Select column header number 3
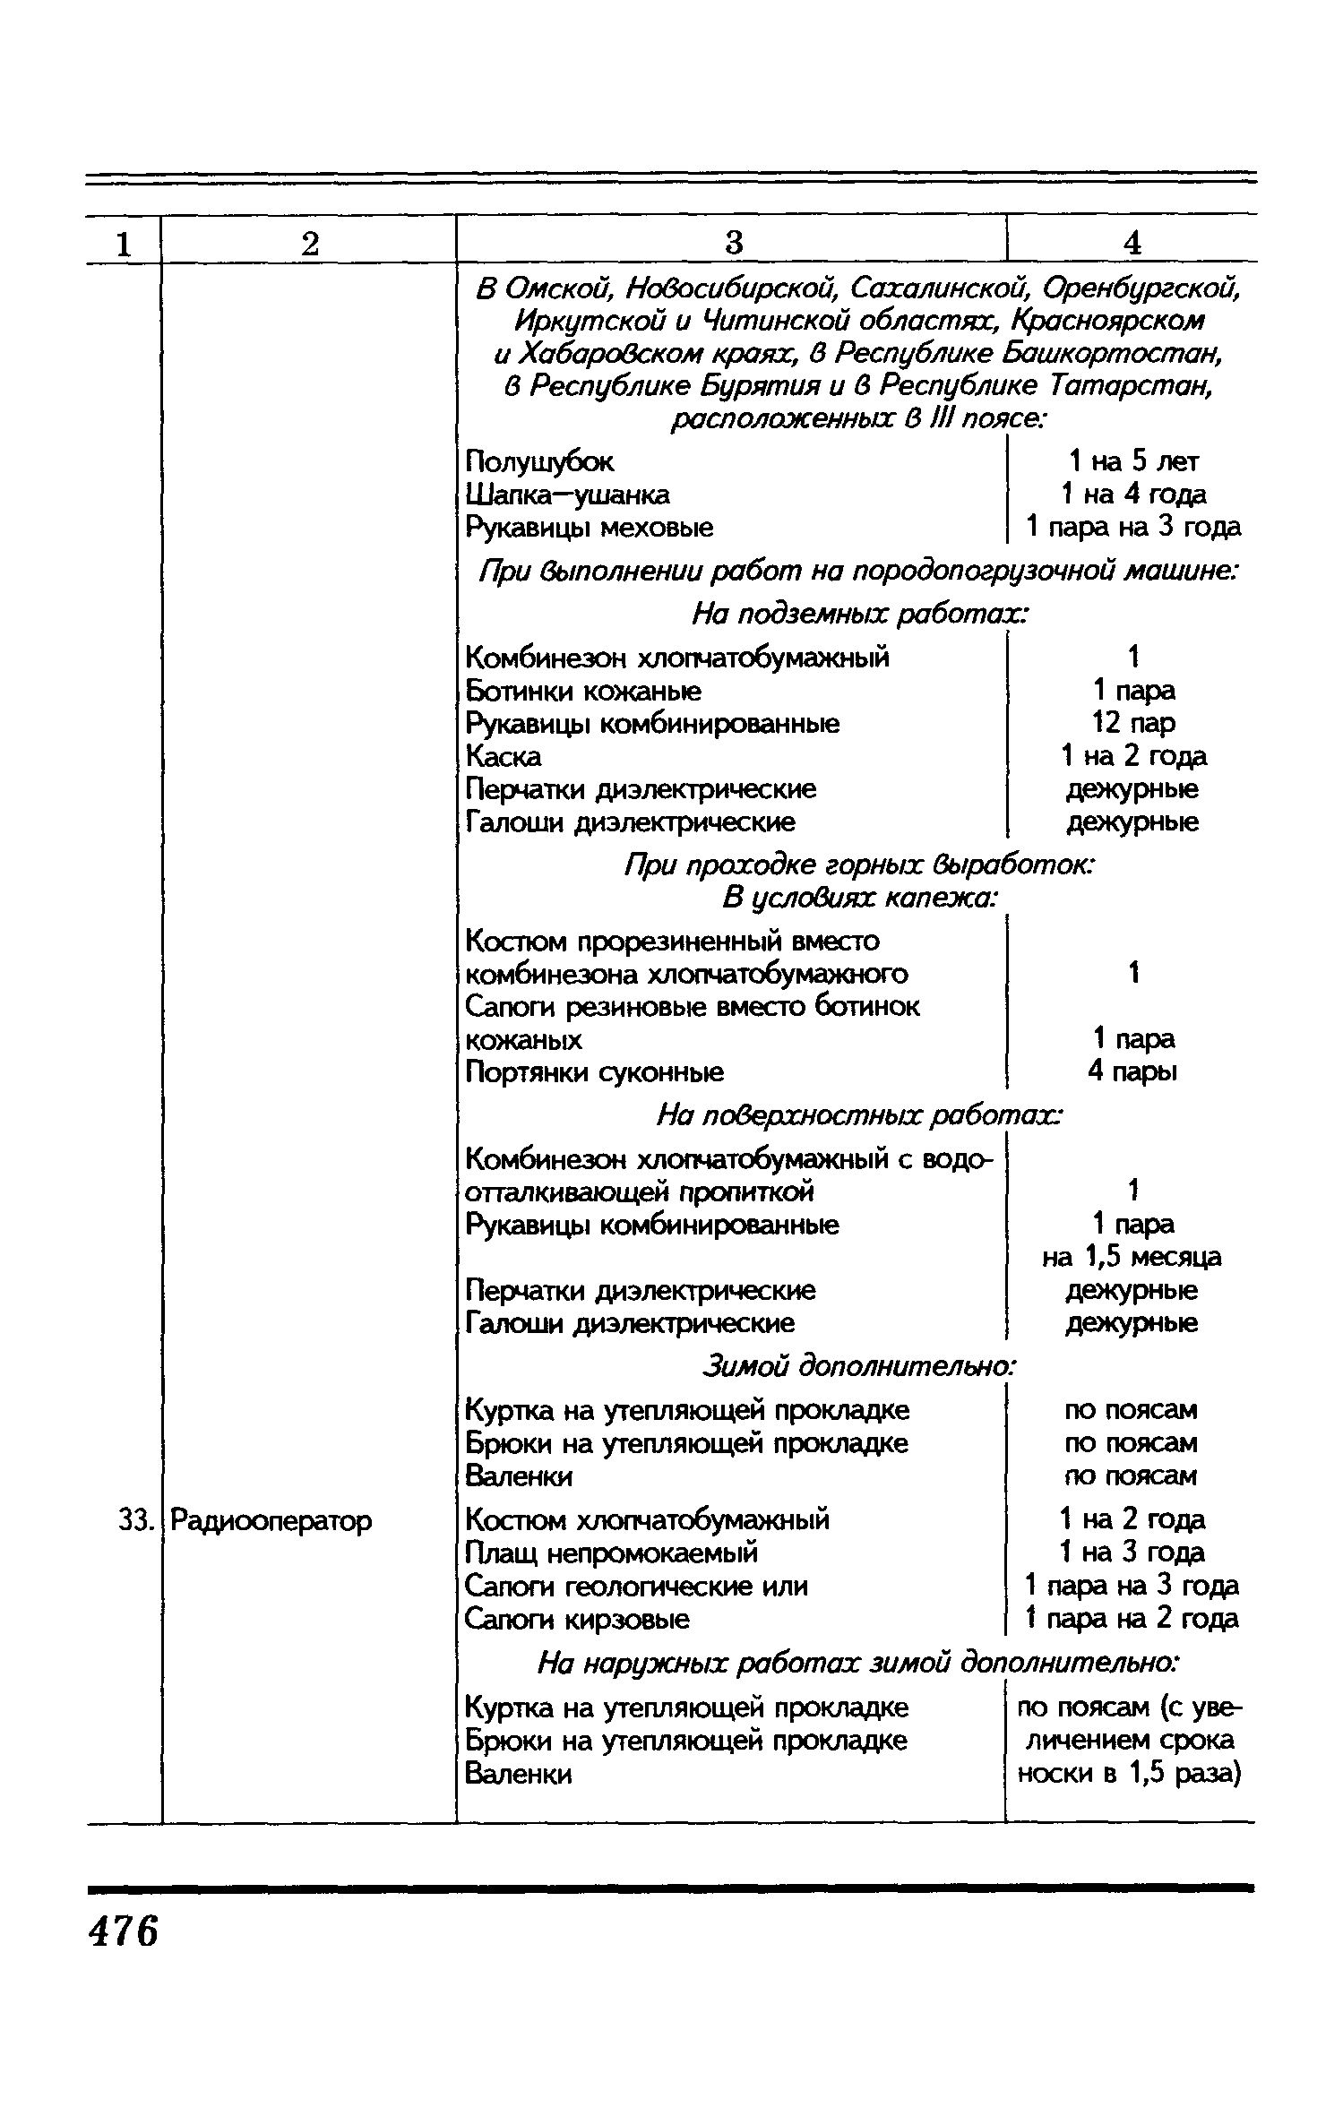734,243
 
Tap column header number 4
1132,243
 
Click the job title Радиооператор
271,1520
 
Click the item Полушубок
540,462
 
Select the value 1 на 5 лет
1133,461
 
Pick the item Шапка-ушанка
568,495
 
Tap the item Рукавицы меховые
590,528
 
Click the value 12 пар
1133,722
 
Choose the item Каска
504,756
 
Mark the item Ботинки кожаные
583,691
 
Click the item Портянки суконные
595,1071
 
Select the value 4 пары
1133,1071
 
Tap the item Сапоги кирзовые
577,1619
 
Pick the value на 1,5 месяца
1132,1257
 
